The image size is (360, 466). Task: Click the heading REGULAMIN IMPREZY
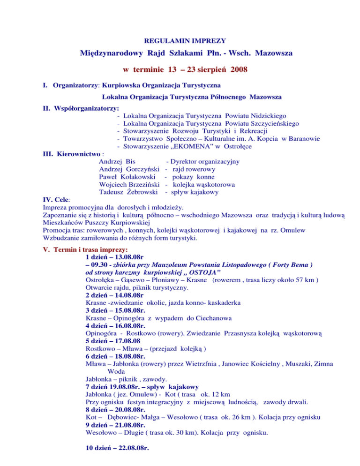point(180,40)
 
